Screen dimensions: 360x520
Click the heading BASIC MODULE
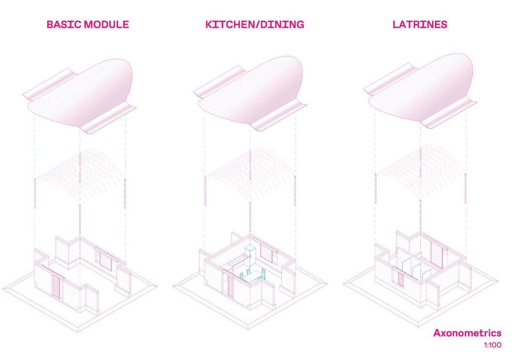88,25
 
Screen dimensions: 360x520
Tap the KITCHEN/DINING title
255,25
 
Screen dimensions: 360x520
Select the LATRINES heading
420,25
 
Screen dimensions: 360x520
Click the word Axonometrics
467,333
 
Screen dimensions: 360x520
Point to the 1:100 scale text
492,345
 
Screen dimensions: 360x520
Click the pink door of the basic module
57,287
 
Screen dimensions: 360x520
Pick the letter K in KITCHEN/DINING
209,25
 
